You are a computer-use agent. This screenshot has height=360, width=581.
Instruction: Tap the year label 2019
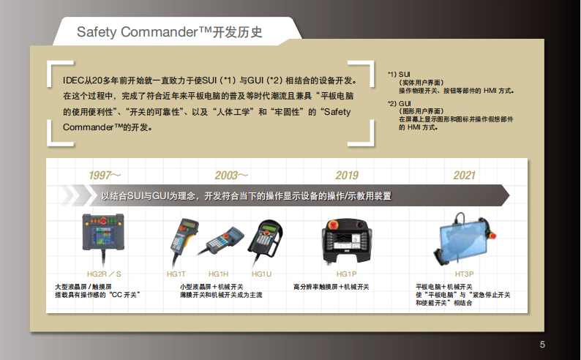pyautogui.click(x=347, y=175)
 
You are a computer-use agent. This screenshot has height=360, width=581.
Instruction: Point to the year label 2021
pyautogui.click(x=464, y=175)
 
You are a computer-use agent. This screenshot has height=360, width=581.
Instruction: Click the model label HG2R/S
pyautogui.click(x=104, y=274)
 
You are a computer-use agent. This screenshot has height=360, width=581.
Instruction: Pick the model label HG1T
pyautogui.click(x=176, y=274)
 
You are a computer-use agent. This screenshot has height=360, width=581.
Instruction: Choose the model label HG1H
pyautogui.click(x=218, y=274)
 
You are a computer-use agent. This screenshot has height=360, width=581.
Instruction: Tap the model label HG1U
pyautogui.click(x=262, y=274)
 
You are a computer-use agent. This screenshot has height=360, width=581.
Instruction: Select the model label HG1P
pyautogui.click(x=346, y=274)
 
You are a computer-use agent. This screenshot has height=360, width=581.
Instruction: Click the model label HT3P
pyautogui.click(x=464, y=274)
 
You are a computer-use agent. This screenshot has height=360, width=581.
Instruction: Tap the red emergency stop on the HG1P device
pyautogui.click(x=331, y=225)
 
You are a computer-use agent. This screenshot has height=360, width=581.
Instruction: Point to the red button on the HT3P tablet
pyautogui.click(x=492, y=235)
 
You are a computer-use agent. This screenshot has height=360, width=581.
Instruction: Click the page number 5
pyautogui.click(x=542, y=345)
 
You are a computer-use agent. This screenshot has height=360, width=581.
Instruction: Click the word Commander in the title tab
pyautogui.click(x=160, y=32)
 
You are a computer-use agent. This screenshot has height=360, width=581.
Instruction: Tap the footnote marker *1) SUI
pyautogui.click(x=399, y=75)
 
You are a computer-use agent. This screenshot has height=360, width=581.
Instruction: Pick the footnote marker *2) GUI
pyautogui.click(x=400, y=103)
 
